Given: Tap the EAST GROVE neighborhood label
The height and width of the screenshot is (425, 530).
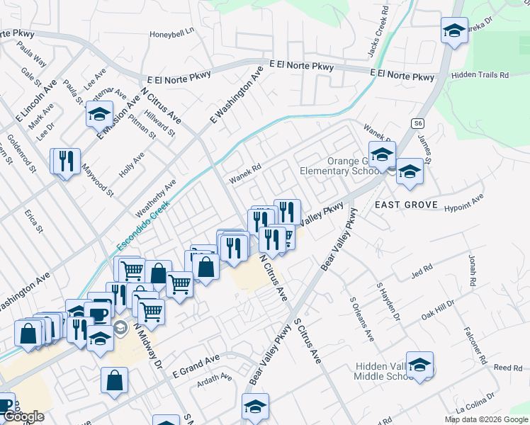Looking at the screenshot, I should pyautogui.click(x=403, y=205).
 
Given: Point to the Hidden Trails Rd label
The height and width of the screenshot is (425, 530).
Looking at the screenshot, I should pyautogui.click(x=480, y=74).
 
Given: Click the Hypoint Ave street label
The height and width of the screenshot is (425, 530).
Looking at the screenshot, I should pyautogui.click(x=463, y=203).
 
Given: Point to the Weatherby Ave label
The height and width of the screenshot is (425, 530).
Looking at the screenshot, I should pyautogui.click(x=155, y=198).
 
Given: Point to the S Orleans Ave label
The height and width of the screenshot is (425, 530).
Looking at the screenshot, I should pyautogui.click(x=360, y=316).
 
